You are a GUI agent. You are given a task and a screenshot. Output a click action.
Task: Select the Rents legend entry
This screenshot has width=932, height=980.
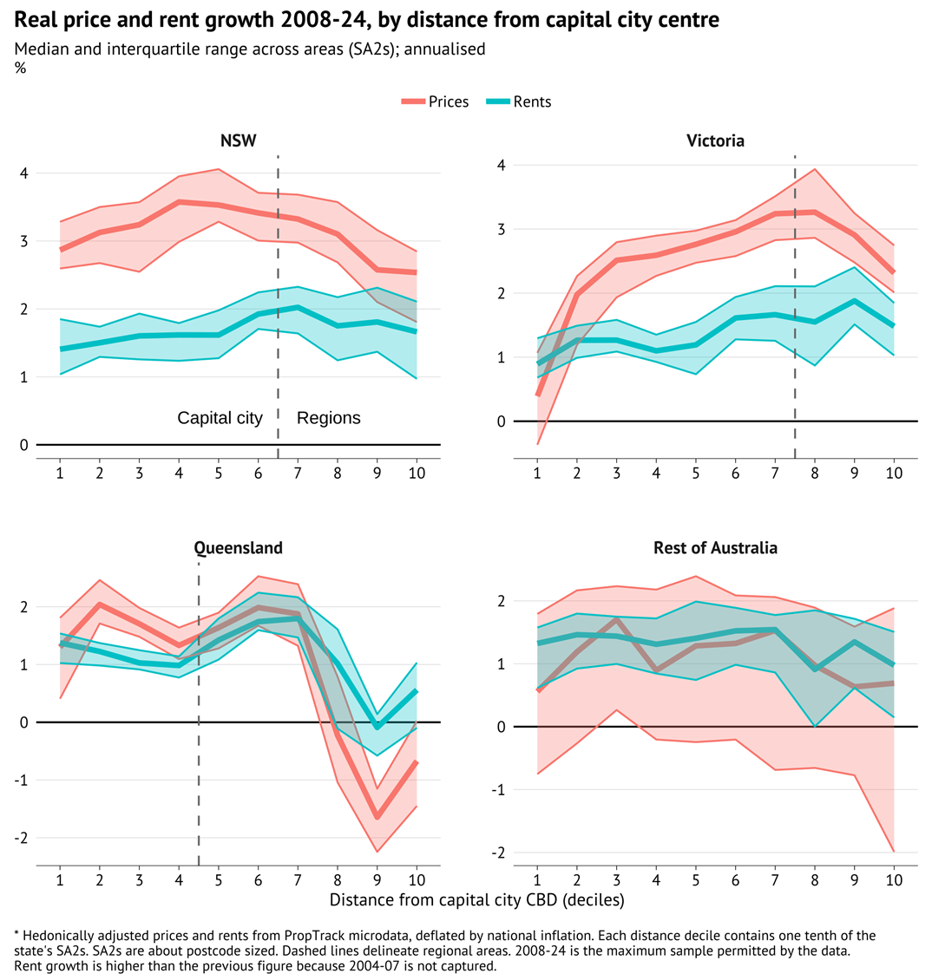518,101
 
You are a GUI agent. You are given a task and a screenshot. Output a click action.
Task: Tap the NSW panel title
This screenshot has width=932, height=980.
238,140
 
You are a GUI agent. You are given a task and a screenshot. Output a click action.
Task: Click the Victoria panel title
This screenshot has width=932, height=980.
715,140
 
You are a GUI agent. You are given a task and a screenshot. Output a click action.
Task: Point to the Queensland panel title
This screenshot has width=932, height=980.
238,548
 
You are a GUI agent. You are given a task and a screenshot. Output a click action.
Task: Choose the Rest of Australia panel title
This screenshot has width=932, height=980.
715,548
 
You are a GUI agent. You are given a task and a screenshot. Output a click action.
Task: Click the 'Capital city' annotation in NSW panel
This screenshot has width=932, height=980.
220,418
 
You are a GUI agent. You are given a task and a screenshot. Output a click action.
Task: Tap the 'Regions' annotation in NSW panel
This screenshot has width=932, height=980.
329,418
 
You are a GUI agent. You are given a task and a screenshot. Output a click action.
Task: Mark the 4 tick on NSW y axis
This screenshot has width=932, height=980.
23,173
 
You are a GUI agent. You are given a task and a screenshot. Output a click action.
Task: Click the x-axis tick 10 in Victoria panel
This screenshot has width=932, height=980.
894,473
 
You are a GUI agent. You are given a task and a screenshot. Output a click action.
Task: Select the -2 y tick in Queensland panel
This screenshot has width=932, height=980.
20,838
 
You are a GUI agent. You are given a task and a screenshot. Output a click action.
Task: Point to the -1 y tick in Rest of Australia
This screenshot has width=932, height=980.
498,790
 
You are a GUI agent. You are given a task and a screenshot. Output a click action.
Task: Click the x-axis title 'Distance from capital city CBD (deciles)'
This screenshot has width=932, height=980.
476,900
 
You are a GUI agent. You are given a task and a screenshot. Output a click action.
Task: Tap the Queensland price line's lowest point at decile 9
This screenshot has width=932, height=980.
377,817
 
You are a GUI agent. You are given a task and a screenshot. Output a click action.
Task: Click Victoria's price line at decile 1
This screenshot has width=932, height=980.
538,395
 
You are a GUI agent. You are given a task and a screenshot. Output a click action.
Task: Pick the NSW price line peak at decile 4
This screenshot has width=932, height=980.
179,202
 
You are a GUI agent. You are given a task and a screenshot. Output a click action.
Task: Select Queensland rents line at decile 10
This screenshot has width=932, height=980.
417,691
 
